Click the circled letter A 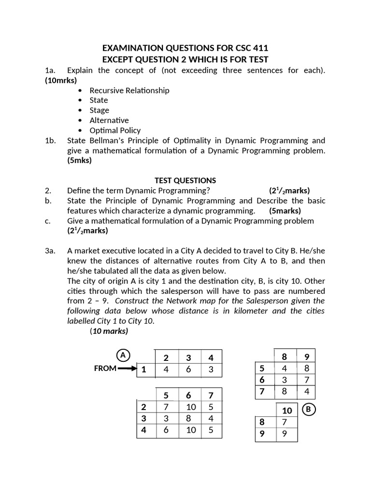(123, 356)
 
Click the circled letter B (308, 410)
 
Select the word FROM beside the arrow (105, 369)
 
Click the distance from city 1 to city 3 (188, 370)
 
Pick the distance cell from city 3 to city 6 (191, 418)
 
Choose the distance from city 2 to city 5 (166, 407)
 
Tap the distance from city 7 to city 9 (306, 391)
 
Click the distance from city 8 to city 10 (287, 422)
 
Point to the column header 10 (287, 411)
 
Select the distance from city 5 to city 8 (285, 369)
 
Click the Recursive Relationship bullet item (129, 90)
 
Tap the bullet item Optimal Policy (115, 130)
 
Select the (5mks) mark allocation (79, 161)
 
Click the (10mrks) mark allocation (61, 81)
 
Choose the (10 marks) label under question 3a (109, 331)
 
